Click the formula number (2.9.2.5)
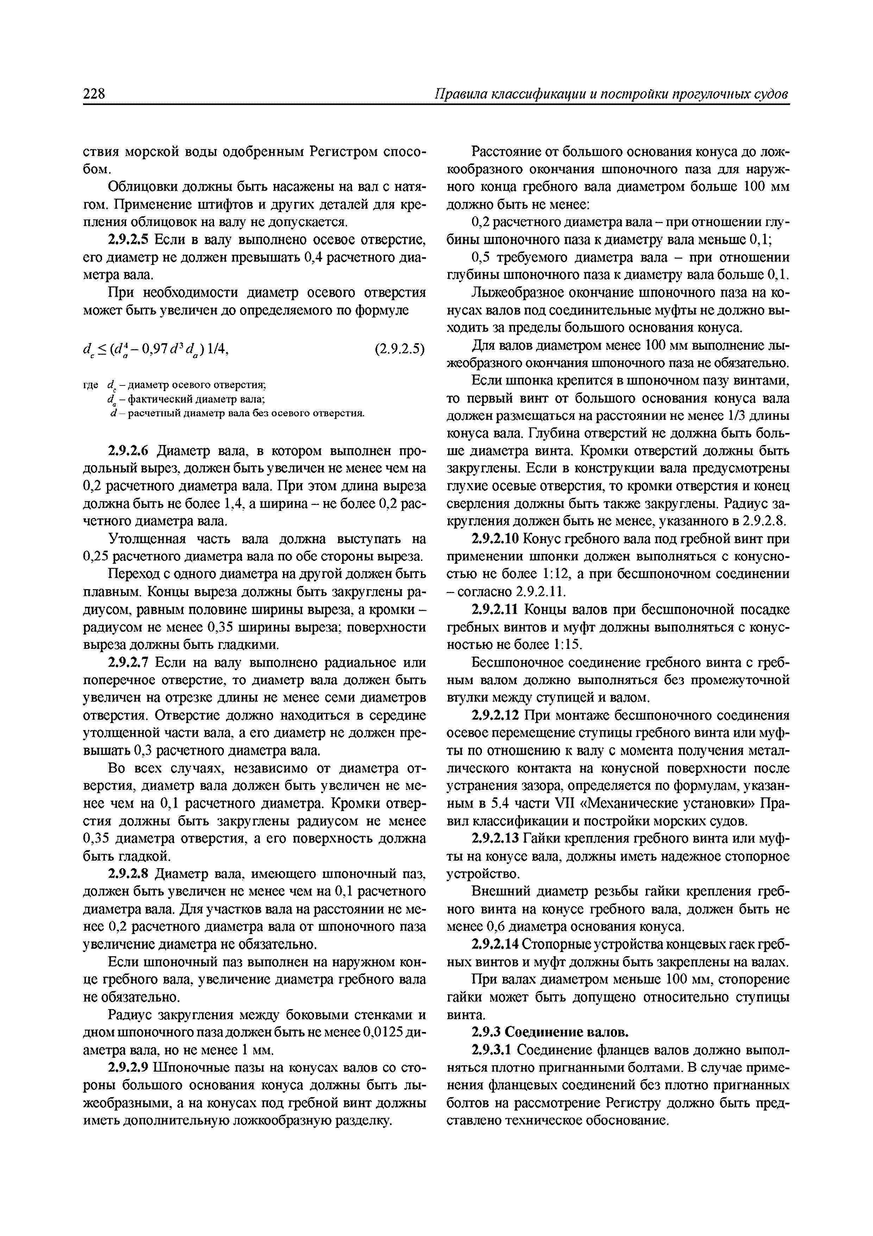coord(400,350)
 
